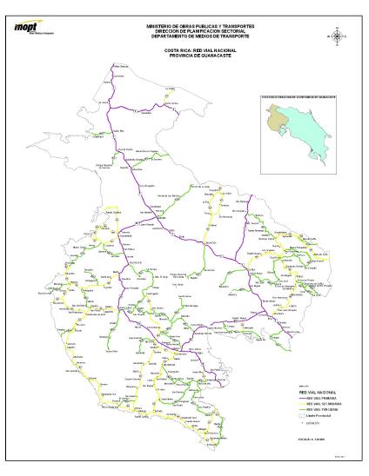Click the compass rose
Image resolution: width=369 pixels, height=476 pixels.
click(x=336, y=36)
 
